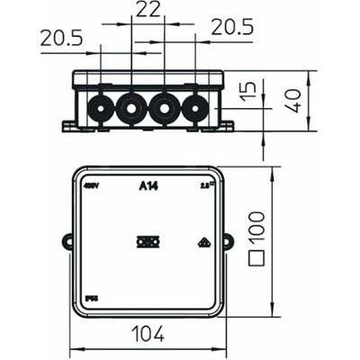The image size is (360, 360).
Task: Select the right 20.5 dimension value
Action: pyautogui.click(x=232, y=28)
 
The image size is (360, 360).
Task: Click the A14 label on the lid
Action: pyautogui.click(x=147, y=187)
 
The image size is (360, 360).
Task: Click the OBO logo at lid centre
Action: pyautogui.click(x=146, y=241)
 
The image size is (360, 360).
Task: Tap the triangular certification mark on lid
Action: pyautogui.click(x=202, y=241)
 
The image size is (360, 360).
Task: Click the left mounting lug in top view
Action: pyautogui.click(x=67, y=241)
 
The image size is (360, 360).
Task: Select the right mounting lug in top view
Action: pyautogui.click(x=227, y=241)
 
